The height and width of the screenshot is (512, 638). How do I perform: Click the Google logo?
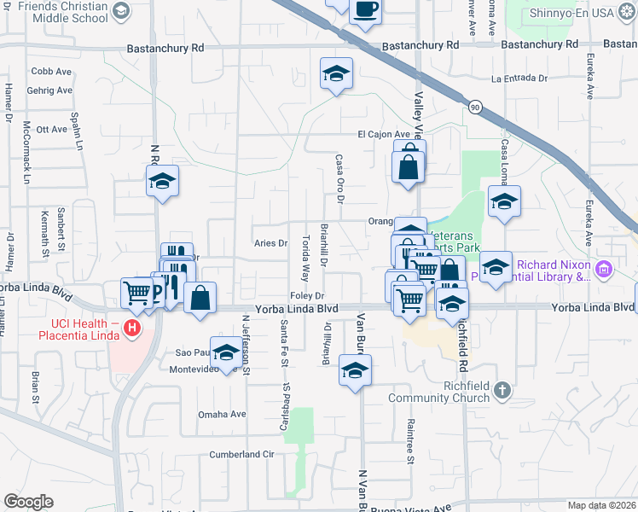(x=29, y=501)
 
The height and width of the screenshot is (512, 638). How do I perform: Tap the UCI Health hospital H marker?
(x=131, y=327)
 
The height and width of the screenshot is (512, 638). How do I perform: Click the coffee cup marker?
(x=365, y=10)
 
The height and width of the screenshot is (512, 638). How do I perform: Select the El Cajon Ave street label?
(x=385, y=134)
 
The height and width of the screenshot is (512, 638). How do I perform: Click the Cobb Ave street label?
(x=50, y=71)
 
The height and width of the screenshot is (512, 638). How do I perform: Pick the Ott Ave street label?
(x=52, y=129)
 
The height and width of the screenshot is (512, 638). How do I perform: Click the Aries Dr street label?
(x=270, y=243)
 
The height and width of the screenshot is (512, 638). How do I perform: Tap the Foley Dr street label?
(x=308, y=295)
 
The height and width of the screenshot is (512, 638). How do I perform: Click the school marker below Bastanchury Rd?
(x=336, y=73)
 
